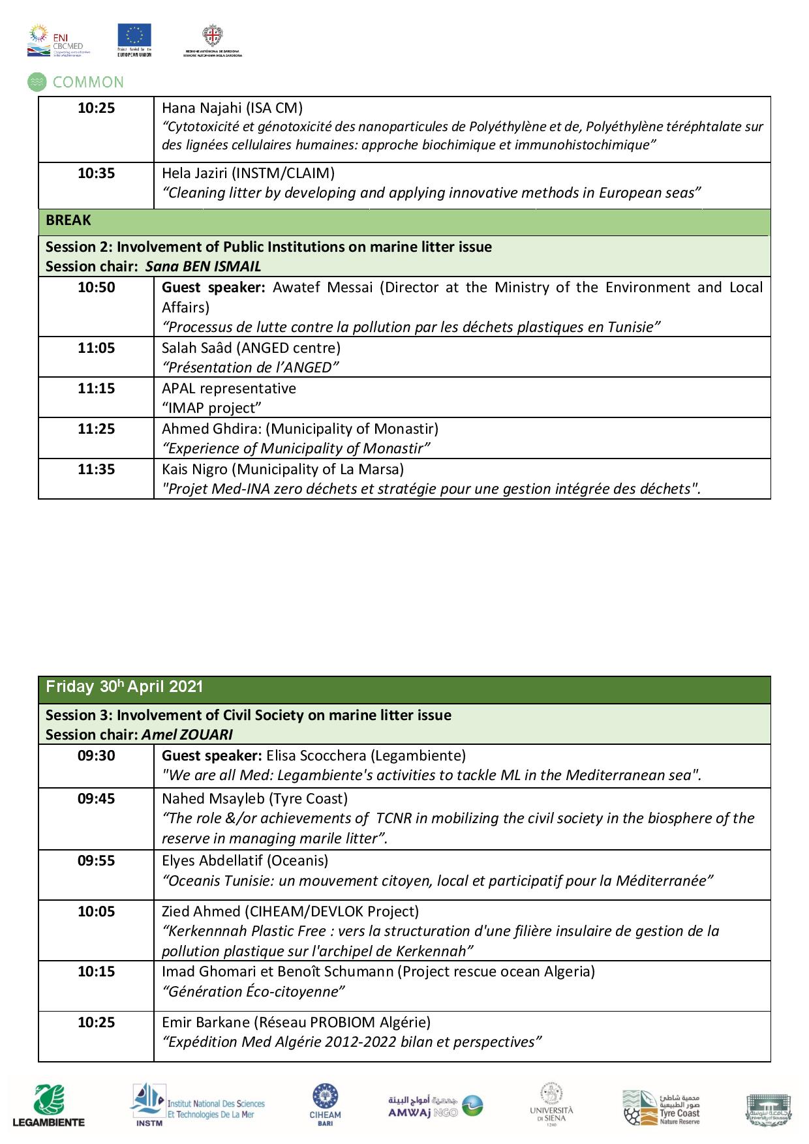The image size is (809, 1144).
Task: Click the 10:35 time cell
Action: (96, 173)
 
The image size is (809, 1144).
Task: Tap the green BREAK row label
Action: (69, 220)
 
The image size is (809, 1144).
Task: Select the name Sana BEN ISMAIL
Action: (203, 266)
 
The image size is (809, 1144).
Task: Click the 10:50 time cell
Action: (96, 288)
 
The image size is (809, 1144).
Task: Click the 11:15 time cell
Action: (96, 389)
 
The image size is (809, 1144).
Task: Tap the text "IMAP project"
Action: (211, 408)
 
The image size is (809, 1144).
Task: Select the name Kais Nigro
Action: (194, 470)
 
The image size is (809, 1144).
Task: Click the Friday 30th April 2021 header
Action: (125, 687)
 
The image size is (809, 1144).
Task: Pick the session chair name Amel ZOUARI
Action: (187, 734)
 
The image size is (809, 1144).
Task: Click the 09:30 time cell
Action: (96, 756)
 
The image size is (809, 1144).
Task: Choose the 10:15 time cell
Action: (96, 972)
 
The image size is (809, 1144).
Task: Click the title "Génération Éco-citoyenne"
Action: (253, 992)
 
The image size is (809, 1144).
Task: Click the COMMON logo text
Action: (87, 82)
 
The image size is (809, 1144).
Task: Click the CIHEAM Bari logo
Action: (325, 1102)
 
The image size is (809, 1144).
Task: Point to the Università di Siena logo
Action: (551, 1103)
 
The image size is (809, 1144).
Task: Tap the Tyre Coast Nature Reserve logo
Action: (661, 1107)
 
